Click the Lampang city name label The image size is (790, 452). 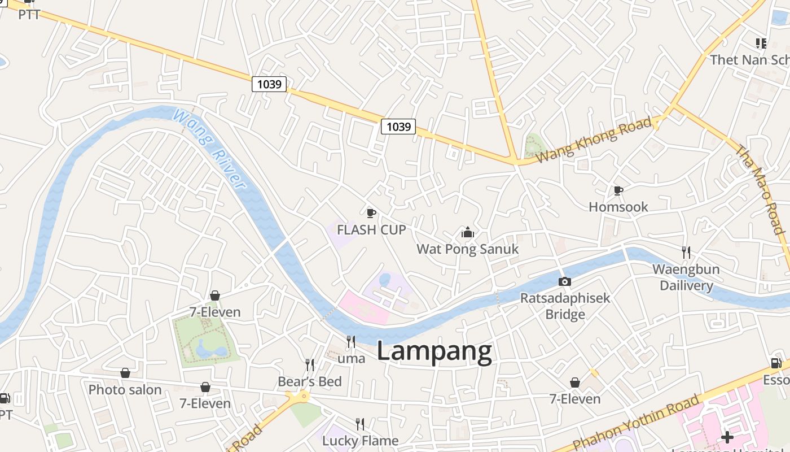[434, 351]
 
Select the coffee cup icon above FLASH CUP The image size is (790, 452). [371, 213]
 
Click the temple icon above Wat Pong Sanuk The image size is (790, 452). [467, 232]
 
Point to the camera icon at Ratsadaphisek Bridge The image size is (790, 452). [564, 281]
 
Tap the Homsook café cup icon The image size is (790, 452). [618, 190]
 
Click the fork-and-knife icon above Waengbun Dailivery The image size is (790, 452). [686, 252]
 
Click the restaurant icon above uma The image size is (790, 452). [350, 341]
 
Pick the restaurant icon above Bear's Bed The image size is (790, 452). [309, 364]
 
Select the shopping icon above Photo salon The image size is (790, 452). [125, 373]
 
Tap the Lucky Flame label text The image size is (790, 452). [360, 440]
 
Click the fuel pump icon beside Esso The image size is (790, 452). [776, 363]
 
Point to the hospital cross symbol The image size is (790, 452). [727, 437]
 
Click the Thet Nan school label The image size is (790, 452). [749, 60]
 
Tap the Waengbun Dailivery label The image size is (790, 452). [686, 277]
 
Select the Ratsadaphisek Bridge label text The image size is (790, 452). [565, 306]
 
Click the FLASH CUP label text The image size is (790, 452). [371, 230]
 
